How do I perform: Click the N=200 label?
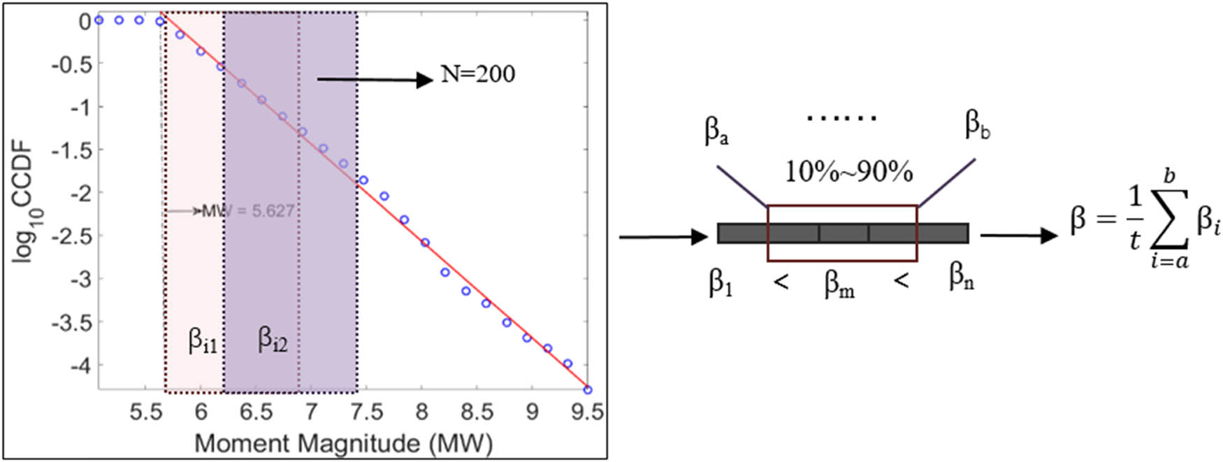pos(478,74)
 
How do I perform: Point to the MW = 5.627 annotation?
pos(247,210)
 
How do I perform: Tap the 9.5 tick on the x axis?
pos(587,412)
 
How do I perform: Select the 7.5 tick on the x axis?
pos(366,412)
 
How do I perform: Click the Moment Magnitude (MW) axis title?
pos(343,443)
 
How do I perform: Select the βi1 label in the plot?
pos(203,341)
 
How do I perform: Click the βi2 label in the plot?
pos(273,340)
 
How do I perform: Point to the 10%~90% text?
pos(848,171)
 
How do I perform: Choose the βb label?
pos(977,125)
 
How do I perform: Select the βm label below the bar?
pos(839,283)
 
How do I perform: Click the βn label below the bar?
pos(961,277)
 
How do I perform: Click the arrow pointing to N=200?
pos(375,80)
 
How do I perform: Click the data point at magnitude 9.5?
pos(588,389)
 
